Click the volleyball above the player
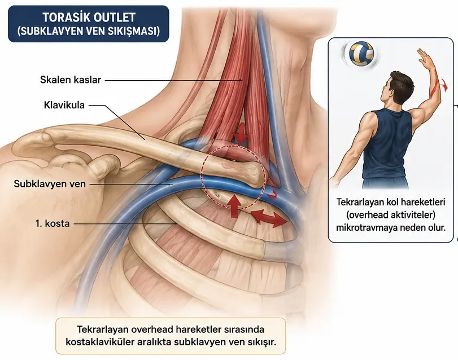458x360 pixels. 361,54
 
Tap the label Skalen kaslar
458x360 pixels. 71,80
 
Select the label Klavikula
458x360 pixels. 64,105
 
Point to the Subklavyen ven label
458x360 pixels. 50,184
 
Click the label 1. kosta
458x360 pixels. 53,223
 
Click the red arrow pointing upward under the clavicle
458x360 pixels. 234,207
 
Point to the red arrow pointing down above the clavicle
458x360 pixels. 241,134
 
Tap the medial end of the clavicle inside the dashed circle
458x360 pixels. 250,174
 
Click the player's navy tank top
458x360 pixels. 386,146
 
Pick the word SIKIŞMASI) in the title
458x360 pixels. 137,31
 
